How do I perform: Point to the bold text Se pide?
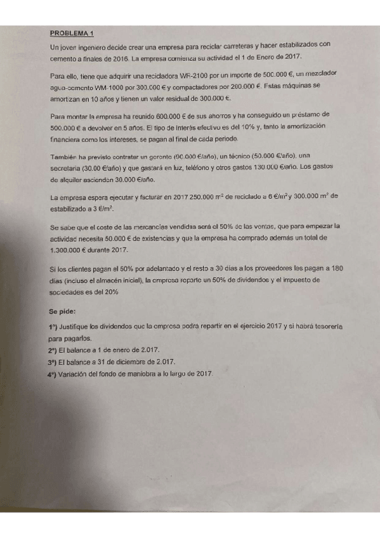pos(62,312)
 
